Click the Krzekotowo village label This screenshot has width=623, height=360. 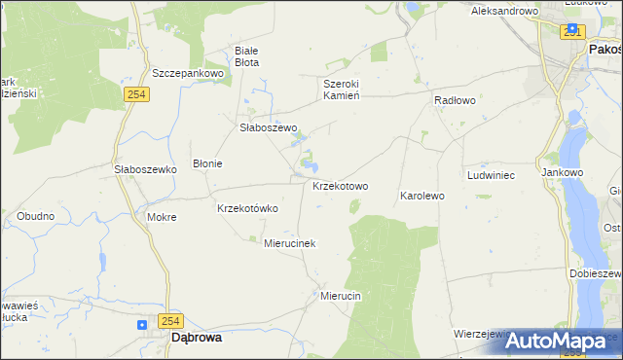click(x=340, y=186)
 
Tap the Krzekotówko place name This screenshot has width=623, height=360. click(x=247, y=208)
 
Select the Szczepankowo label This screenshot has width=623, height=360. click(x=188, y=73)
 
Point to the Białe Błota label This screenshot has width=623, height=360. click(x=247, y=55)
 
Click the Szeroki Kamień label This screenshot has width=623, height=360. click(x=342, y=90)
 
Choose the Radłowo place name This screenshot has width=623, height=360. click(x=455, y=100)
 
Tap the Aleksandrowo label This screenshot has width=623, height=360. click(x=504, y=11)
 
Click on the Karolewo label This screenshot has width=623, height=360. click(x=422, y=196)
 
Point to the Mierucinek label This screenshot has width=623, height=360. click(x=290, y=243)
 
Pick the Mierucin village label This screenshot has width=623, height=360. click(x=341, y=295)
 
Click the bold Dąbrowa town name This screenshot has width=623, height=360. click(x=196, y=338)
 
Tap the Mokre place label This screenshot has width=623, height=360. click(x=162, y=217)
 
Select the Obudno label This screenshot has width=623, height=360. click(x=35, y=215)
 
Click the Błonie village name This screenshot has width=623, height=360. click(x=207, y=163)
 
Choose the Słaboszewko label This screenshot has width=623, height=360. click(x=144, y=168)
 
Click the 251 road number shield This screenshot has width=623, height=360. click(x=572, y=32)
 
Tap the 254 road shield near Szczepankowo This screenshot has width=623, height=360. click(x=136, y=93)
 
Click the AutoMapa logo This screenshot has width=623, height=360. click(x=555, y=342)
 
